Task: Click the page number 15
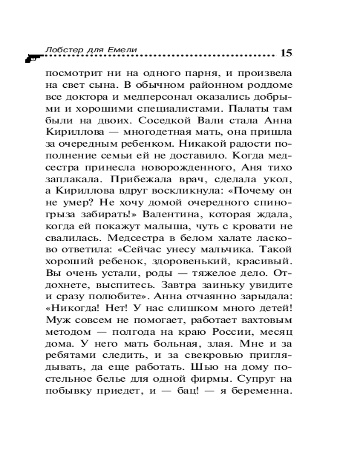(x=286, y=53)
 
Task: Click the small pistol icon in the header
(x=31, y=58)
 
